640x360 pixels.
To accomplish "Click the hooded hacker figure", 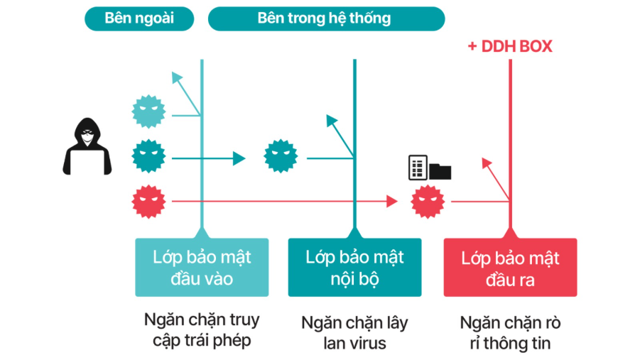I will tap(87, 148).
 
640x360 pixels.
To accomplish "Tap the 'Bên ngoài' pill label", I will tap(139, 18).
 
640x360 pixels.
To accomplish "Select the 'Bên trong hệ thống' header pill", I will tap(325, 18).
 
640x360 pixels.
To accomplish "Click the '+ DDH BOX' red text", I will tap(509, 47).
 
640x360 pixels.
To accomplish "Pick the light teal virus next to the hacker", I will tap(148, 111).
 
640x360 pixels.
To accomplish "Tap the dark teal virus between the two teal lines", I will tap(281, 157).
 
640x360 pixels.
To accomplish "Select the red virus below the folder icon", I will tap(428, 202).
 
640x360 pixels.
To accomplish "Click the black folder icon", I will tap(440, 170).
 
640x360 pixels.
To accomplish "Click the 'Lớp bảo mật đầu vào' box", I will tap(202, 267).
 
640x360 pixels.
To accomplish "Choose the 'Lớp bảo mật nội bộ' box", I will tap(354, 267).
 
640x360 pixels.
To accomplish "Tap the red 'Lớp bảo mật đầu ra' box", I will tap(510, 267).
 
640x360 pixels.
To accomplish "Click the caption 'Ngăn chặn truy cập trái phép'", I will tap(202, 329).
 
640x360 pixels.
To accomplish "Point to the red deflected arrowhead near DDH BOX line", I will tap(487, 164).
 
